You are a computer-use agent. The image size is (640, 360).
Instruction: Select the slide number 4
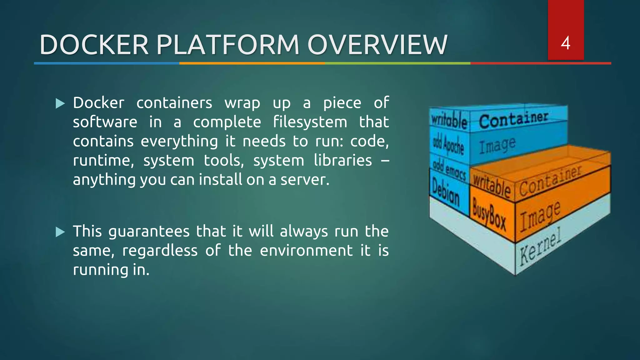(x=565, y=43)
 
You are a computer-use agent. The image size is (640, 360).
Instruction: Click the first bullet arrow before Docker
(x=60, y=103)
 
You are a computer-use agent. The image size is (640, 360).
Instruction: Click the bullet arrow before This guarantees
(x=60, y=232)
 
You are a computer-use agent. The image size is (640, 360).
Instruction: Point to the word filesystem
(x=310, y=122)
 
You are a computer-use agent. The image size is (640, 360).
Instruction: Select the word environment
(x=306, y=251)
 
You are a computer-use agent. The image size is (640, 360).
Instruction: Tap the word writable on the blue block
(x=449, y=121)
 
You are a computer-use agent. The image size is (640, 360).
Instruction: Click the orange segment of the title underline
(x=252, y=63)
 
